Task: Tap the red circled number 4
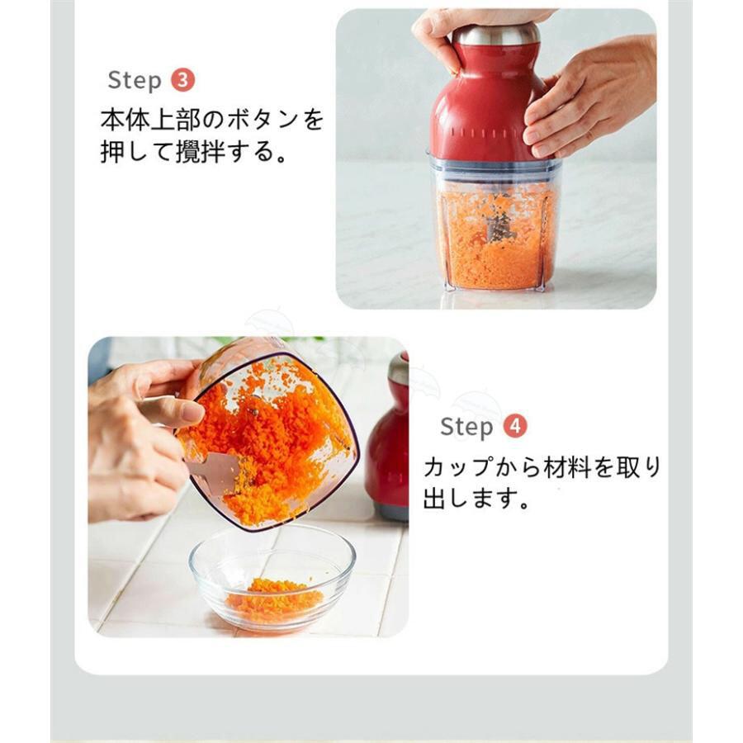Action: click(x=514, y=427)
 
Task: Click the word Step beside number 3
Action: click(x=135, y=80)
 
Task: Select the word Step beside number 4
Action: click(x=466, y=427)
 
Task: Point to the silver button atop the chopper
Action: click(x=497, y=33)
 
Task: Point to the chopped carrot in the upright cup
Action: click(x=495, y=237)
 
